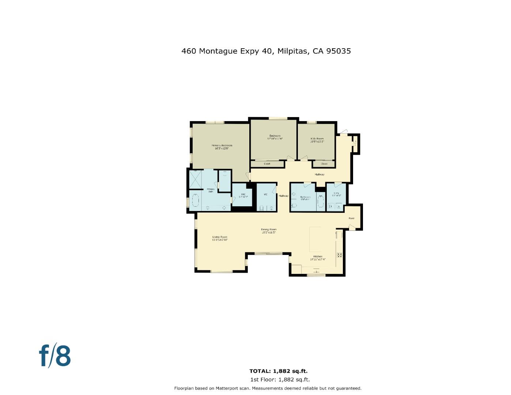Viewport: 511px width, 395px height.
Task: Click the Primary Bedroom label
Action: (x=222, y=147)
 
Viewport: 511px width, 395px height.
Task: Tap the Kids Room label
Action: (x=317, y=140)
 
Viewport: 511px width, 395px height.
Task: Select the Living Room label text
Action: (x=220, y=238)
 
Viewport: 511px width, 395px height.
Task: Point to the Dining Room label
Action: (x=269, y=231)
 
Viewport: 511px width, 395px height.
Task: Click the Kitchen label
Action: (x=317, y=258)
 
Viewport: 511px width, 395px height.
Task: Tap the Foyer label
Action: (x=351, y=218)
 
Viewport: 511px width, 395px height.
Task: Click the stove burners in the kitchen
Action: (x=340, y=255)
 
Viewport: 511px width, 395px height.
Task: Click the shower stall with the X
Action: (x=195, y=179)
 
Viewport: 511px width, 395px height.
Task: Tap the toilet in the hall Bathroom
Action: (x=294, y=206)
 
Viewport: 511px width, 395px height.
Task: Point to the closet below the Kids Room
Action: (x=324, y=164)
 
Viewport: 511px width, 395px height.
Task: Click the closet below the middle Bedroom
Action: (x=267, y=164)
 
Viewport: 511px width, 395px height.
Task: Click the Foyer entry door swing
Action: (x=351, y=227)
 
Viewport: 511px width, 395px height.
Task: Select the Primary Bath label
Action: (x=211, y=190)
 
